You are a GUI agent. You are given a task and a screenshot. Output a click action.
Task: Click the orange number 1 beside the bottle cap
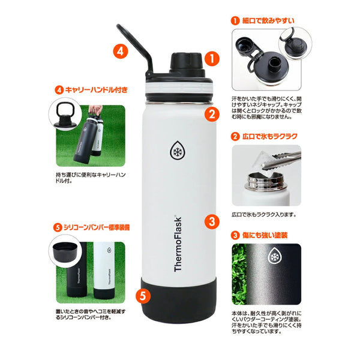click(212, 59)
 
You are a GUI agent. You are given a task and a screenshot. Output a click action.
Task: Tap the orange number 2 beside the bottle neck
click(212, 114)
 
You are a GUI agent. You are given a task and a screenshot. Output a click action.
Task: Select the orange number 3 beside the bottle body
click(212, 221)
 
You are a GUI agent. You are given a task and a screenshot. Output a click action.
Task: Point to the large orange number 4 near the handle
click(121, 51)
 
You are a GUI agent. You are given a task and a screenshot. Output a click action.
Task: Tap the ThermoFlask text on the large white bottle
click(178, 244)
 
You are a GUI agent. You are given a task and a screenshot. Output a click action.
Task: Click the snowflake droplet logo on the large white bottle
click(178, 151)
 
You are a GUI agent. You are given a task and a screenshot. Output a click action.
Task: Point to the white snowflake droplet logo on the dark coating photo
click(274, 256)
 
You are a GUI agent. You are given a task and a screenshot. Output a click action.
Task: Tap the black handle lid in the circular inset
click(65, 115)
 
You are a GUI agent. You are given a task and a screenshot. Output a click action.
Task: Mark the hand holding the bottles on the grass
click(95, 110)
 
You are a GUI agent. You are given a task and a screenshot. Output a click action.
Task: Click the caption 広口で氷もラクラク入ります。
click(264, 215)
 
